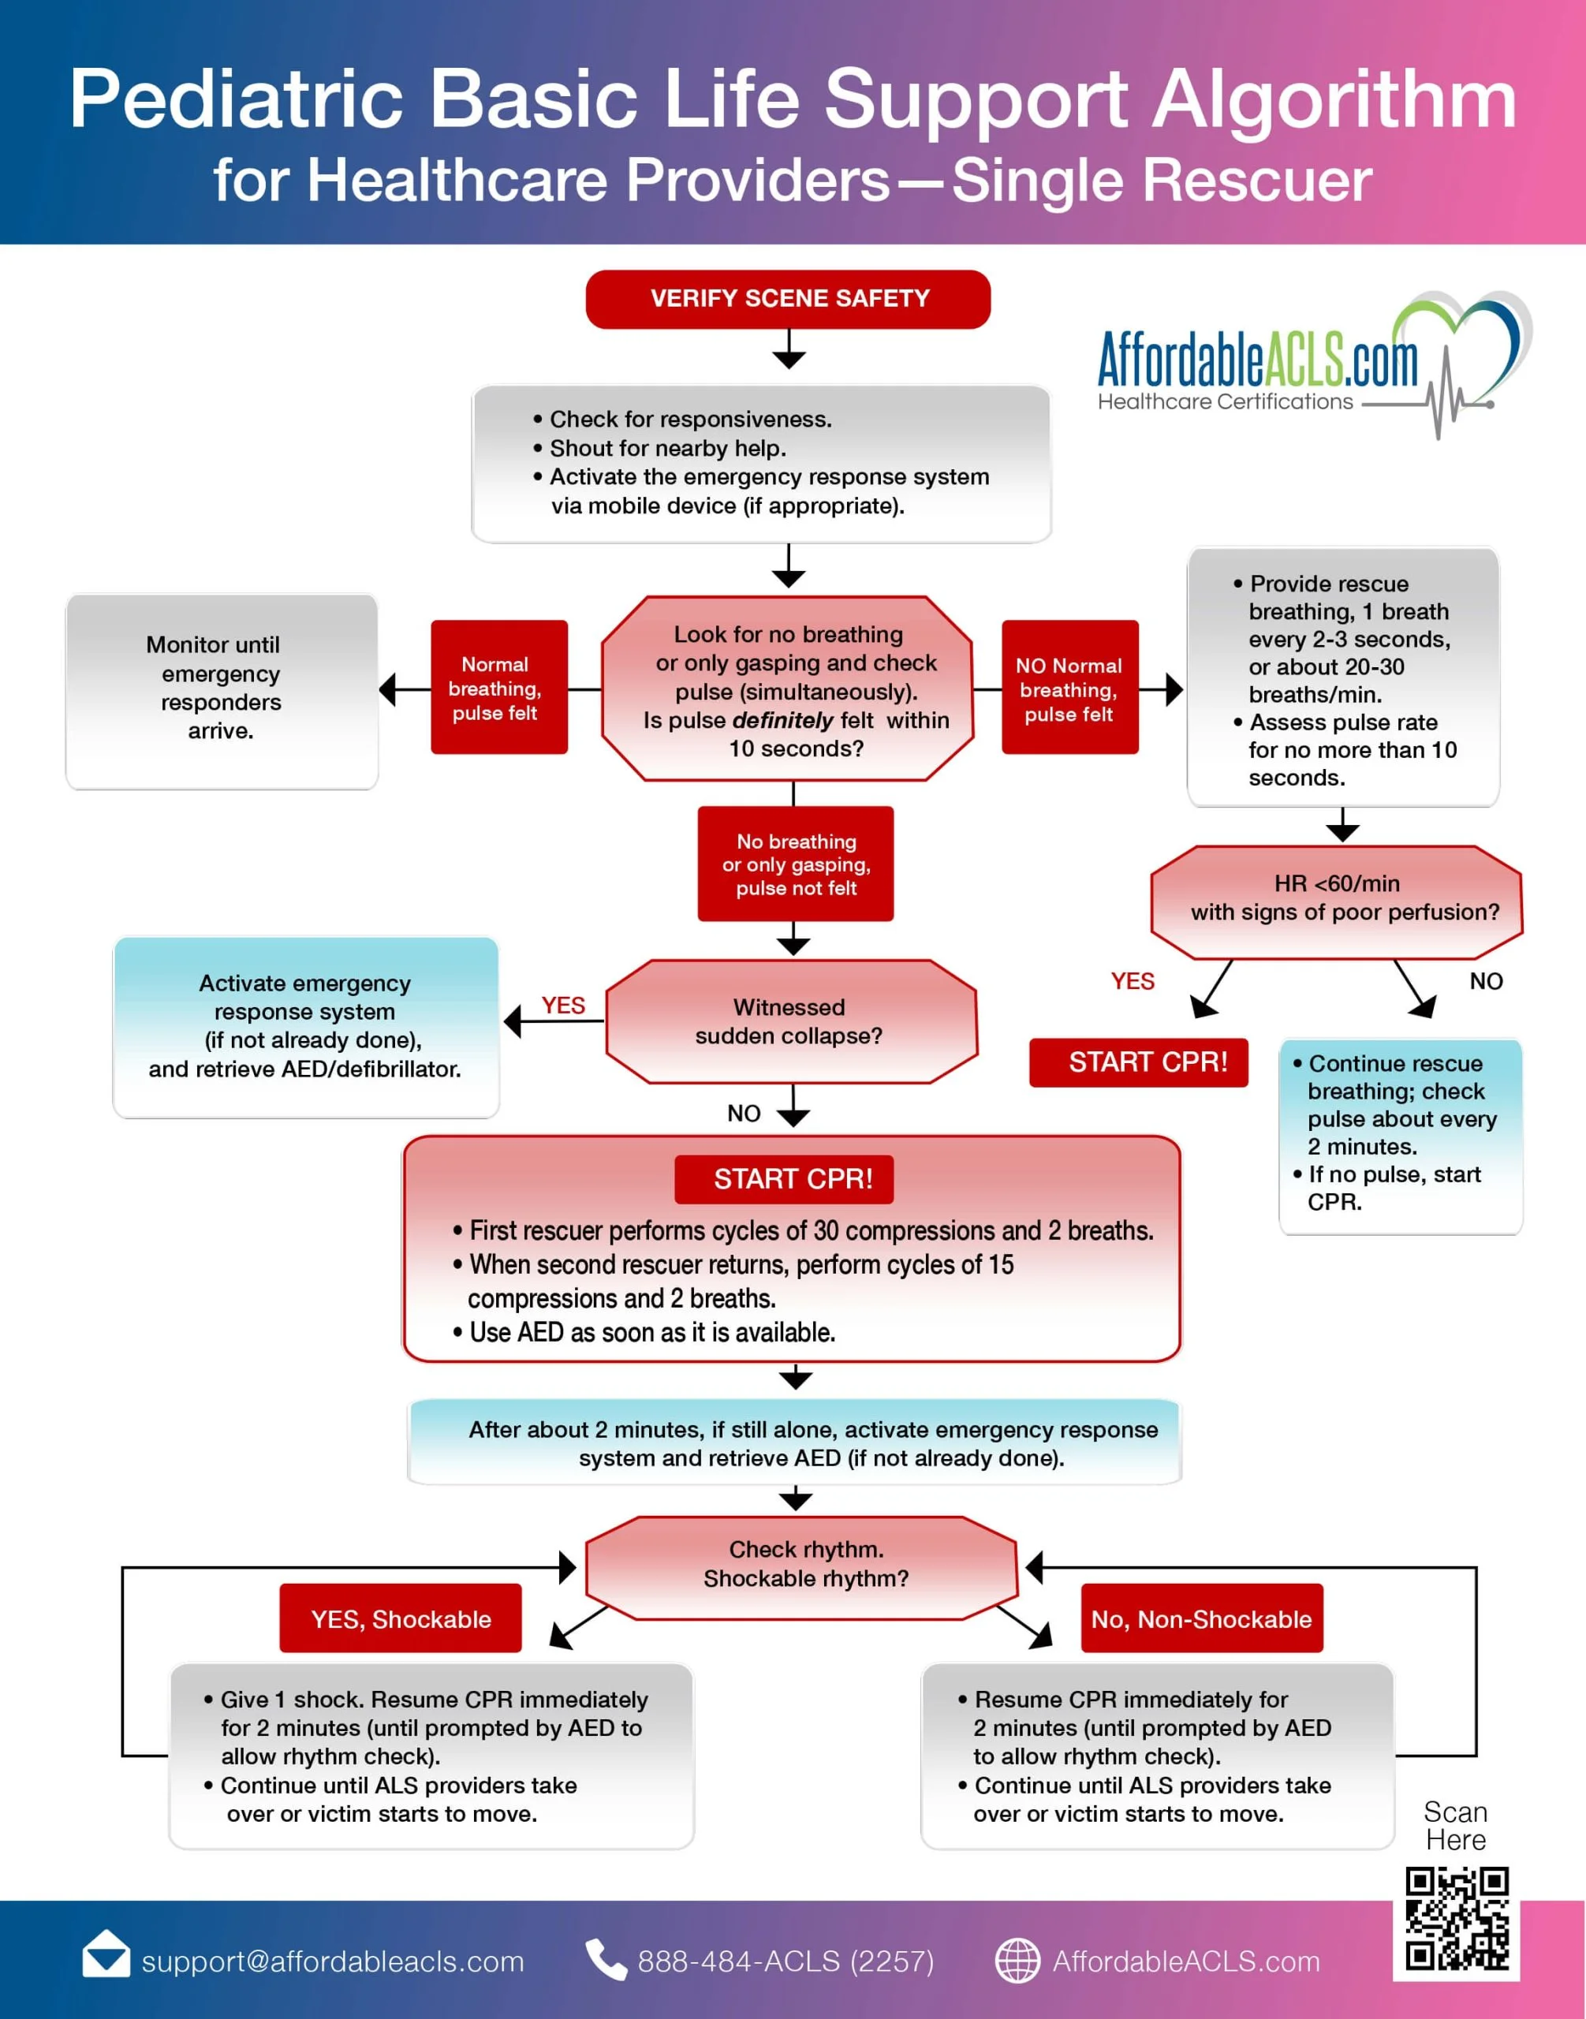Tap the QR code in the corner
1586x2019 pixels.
pyautogui.click(x=1456, y=1919)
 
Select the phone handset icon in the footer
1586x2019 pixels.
pyautogui.click(x=606, y=1960)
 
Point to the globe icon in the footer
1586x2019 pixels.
pyautogui.click(x=1017, y=1961)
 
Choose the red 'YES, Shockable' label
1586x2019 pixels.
pyautogui.click(x=400, y=1618)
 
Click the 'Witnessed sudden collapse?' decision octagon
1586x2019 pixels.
pyautogui.click(x=790, y=1021)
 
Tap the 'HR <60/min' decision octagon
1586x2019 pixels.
pyautogui.click(x=1335, y=899)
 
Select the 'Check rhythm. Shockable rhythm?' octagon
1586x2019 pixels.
pyautogui.click(x=804, y=1565)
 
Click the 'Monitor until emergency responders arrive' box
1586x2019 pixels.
pyautogui.click(x=221, y=689)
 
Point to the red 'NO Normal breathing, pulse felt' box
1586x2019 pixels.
pyautogui.click(x=1069, y=689)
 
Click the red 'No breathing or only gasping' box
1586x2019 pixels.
pyautogui.click(x=795, y=864)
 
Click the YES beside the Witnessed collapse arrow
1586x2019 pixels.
pyautogui.click(x=563, y=1005)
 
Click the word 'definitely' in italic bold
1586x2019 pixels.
pyautogui.click(x=782, y=721)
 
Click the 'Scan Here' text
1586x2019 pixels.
pyautogui.click(x=1455, y=1826)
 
